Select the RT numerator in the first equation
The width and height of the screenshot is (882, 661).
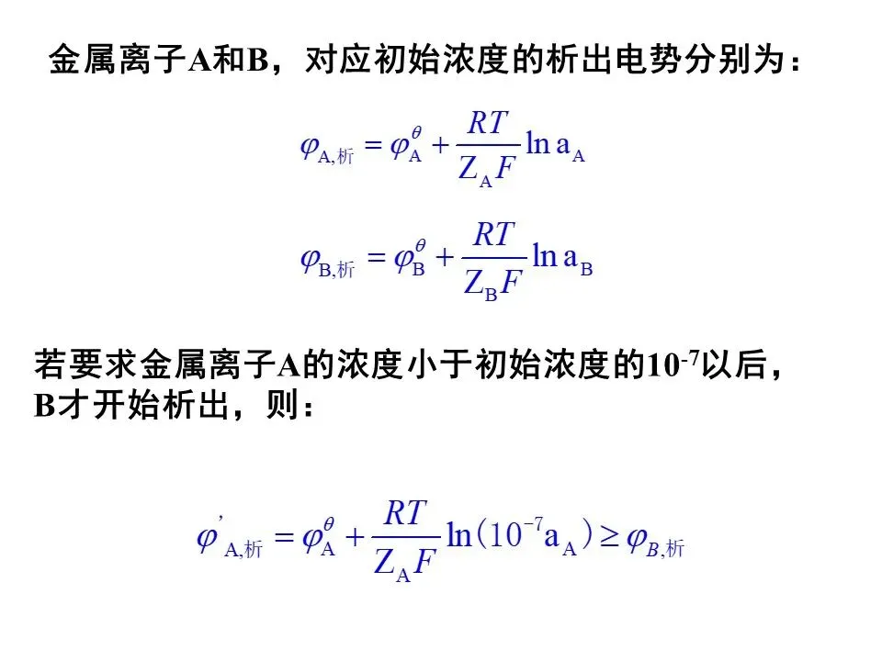click(489, 123)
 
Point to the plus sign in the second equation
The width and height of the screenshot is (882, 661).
click(445, 261)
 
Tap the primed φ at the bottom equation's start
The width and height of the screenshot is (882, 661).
click(209, 537)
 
